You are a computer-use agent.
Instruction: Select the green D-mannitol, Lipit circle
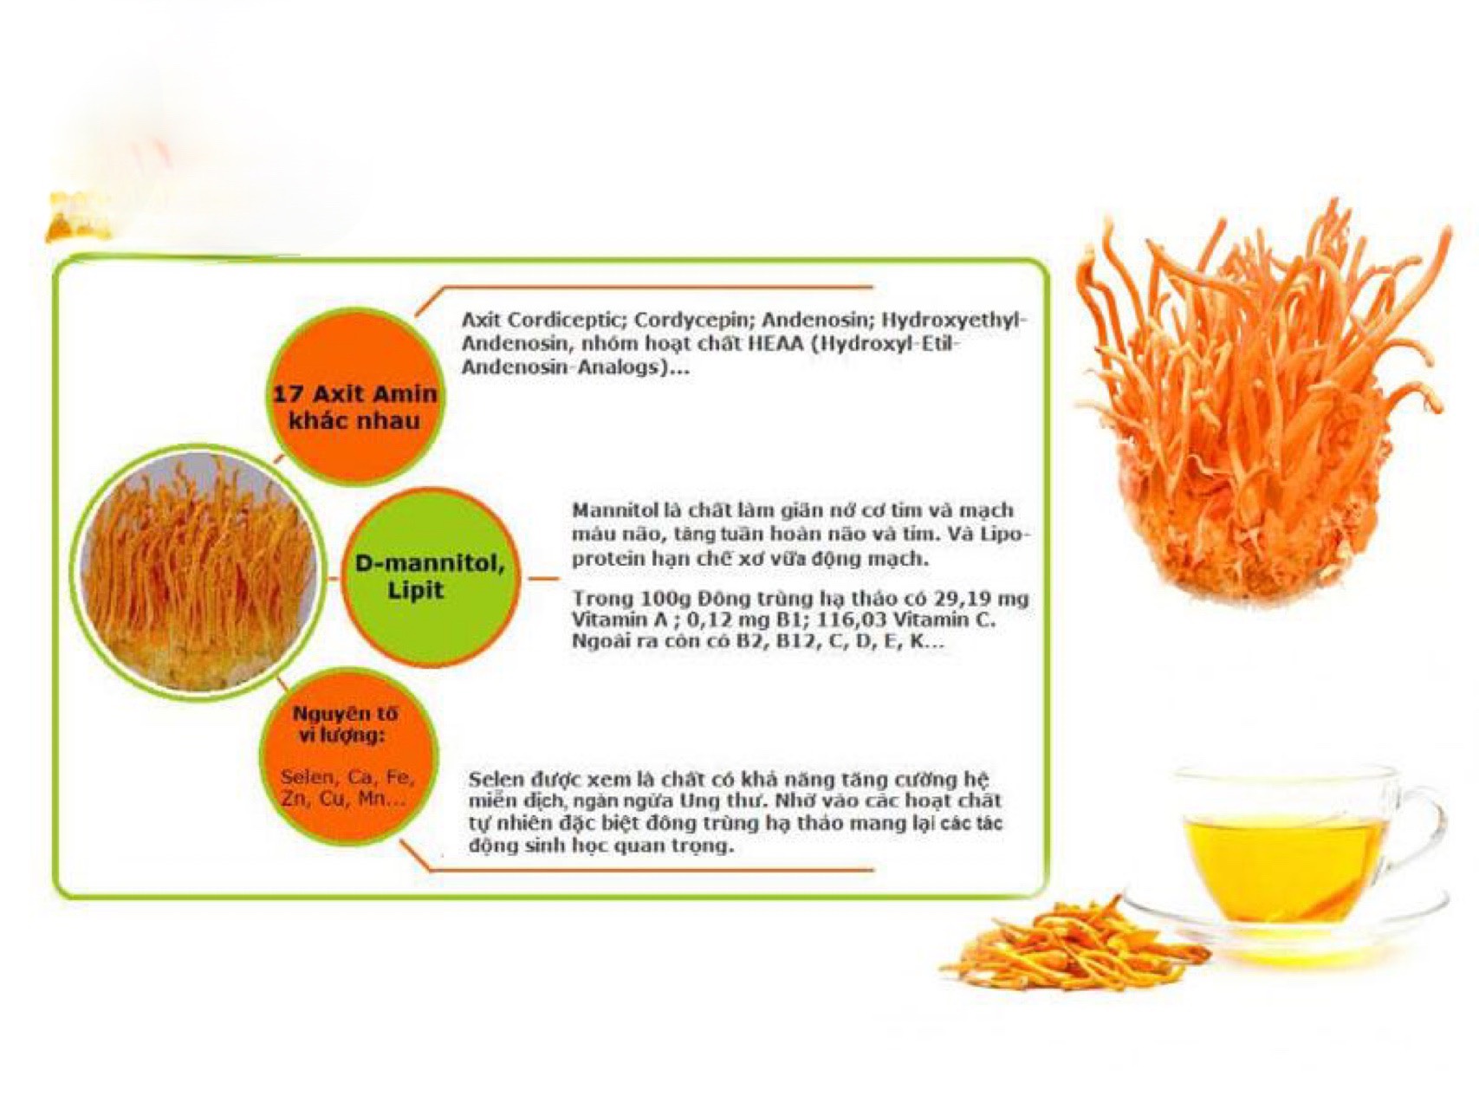pos(429,578)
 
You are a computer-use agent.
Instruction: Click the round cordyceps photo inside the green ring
pos(198,572)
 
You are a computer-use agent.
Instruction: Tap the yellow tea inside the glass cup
pos(1281,866)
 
